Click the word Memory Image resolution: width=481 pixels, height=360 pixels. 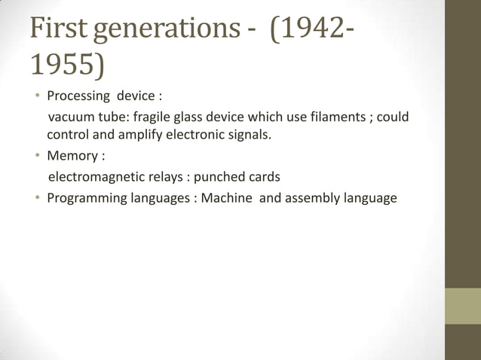point(72,157)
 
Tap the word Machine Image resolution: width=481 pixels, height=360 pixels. point(227,199)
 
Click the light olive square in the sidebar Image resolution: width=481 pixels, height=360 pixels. point(463,306)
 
